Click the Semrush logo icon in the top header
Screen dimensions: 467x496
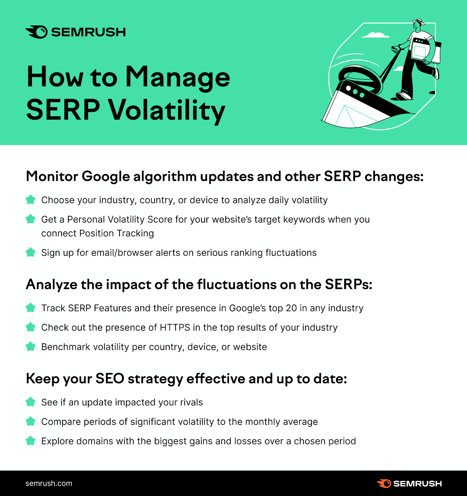point(37,32)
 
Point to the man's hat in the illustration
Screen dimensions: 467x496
point(418,22)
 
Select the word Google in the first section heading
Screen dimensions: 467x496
point(106,177)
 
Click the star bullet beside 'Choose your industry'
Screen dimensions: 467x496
point(30,199)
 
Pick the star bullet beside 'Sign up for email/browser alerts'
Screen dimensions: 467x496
point(30,252)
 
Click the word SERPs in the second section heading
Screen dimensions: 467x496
point(348,285)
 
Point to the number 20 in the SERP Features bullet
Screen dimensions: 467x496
point(291,308)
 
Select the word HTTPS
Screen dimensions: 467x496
point(175,328)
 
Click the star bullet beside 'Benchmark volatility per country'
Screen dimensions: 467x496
point(30,346)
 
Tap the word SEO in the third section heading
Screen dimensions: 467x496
point(110,379)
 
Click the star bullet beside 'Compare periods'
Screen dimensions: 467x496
point(30,421)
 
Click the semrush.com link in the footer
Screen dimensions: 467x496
point(49,483)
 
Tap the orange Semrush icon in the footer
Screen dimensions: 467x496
point(384,484)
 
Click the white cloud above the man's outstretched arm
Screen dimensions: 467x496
point(375,35)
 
